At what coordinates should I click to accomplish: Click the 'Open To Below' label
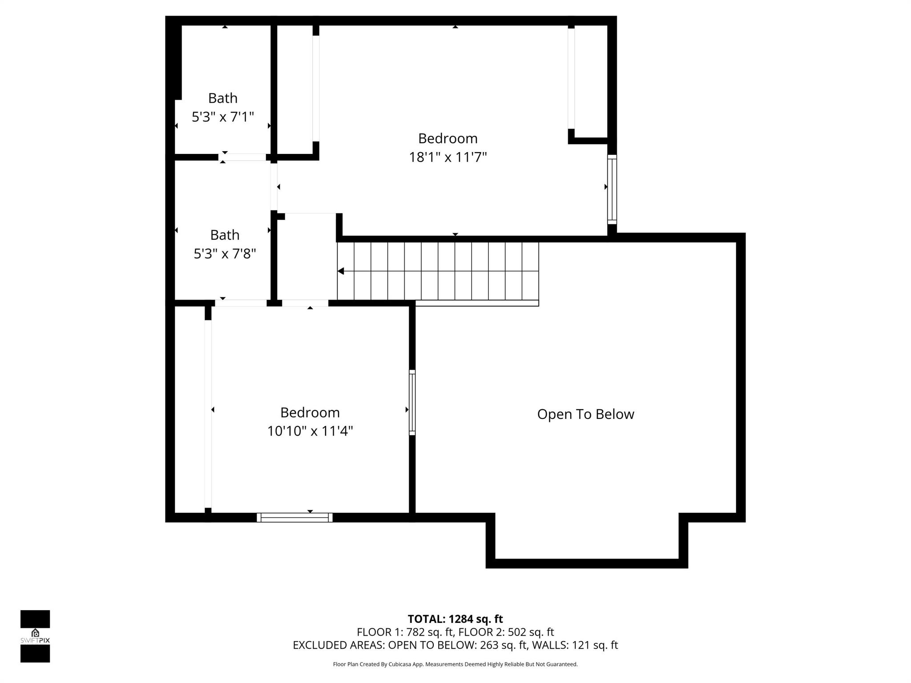coord(585,414)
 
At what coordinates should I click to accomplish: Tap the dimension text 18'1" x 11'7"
coord(447,157)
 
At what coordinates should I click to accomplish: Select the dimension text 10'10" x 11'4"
coord(310,431)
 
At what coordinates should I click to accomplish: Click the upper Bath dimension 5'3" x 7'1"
coord(222,117)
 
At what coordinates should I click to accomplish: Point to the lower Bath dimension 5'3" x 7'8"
coord(225,253)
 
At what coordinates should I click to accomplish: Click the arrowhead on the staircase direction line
coord(341,271)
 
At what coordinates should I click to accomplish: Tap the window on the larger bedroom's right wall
coord(612,189)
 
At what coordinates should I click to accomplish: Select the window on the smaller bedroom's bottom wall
coord(294,517)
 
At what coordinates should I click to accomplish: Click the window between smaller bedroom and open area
coord(412,402)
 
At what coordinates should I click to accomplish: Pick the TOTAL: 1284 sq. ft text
coord(455,619)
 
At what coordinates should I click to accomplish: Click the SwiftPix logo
coord(35,636)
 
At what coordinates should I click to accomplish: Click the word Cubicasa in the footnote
coord(399,664)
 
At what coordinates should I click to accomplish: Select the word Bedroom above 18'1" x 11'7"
coord(447,138)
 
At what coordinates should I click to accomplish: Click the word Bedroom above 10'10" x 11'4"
coord(310,412)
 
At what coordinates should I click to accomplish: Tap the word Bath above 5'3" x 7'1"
coord(222,98)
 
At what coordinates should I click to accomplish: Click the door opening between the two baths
coord(242,157)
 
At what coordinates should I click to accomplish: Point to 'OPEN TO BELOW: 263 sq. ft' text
coord(458,645)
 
